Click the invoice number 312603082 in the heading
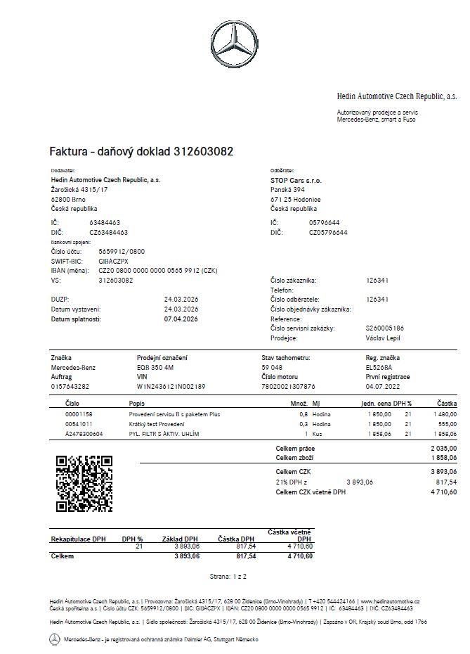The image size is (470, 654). pos(204,151)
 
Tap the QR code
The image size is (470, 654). pos(84,483)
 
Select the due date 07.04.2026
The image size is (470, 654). pos(181,319)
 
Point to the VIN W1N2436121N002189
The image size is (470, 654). pos(171,386)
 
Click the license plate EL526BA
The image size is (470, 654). pos(379,367)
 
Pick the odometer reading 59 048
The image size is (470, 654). pos(272,367)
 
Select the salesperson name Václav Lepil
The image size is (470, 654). pos(383,338)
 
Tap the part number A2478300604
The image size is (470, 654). pos(84,435)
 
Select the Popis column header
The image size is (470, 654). pos(137,404)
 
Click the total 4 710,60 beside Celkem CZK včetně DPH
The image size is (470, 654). pos(443,492)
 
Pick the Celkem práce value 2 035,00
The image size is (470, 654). pos(443,448)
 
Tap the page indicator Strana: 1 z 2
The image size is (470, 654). pos(228,576)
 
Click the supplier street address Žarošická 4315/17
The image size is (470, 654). pos(79,190)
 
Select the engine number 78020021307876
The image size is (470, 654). pos(288,386)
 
